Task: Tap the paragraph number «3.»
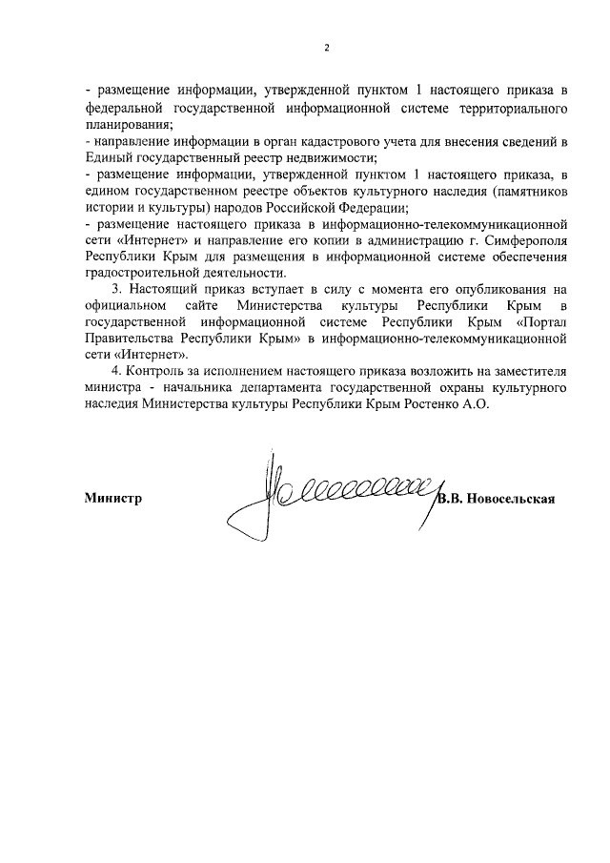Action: [x=117, y=289]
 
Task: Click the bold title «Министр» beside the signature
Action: [x=112, y=498]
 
